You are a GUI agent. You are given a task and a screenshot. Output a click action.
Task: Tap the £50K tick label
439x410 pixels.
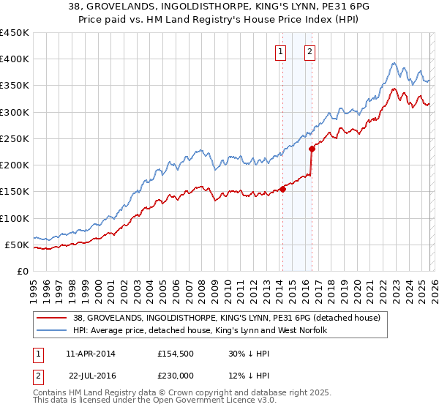pyautogui.click(x=18, y=245)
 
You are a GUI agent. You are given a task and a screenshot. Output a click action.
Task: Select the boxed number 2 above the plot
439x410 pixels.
pyautogui.click(x=310, y=51)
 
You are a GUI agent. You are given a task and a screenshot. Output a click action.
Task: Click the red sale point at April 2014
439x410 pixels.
pyautogui.click(x=282, y=190)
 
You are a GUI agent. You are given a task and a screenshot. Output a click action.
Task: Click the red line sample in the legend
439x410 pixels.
pyautogui.click(x=51, y=318)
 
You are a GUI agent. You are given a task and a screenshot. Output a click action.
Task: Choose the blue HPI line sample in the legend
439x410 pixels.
pyautogui.click(x=51, y=331)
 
